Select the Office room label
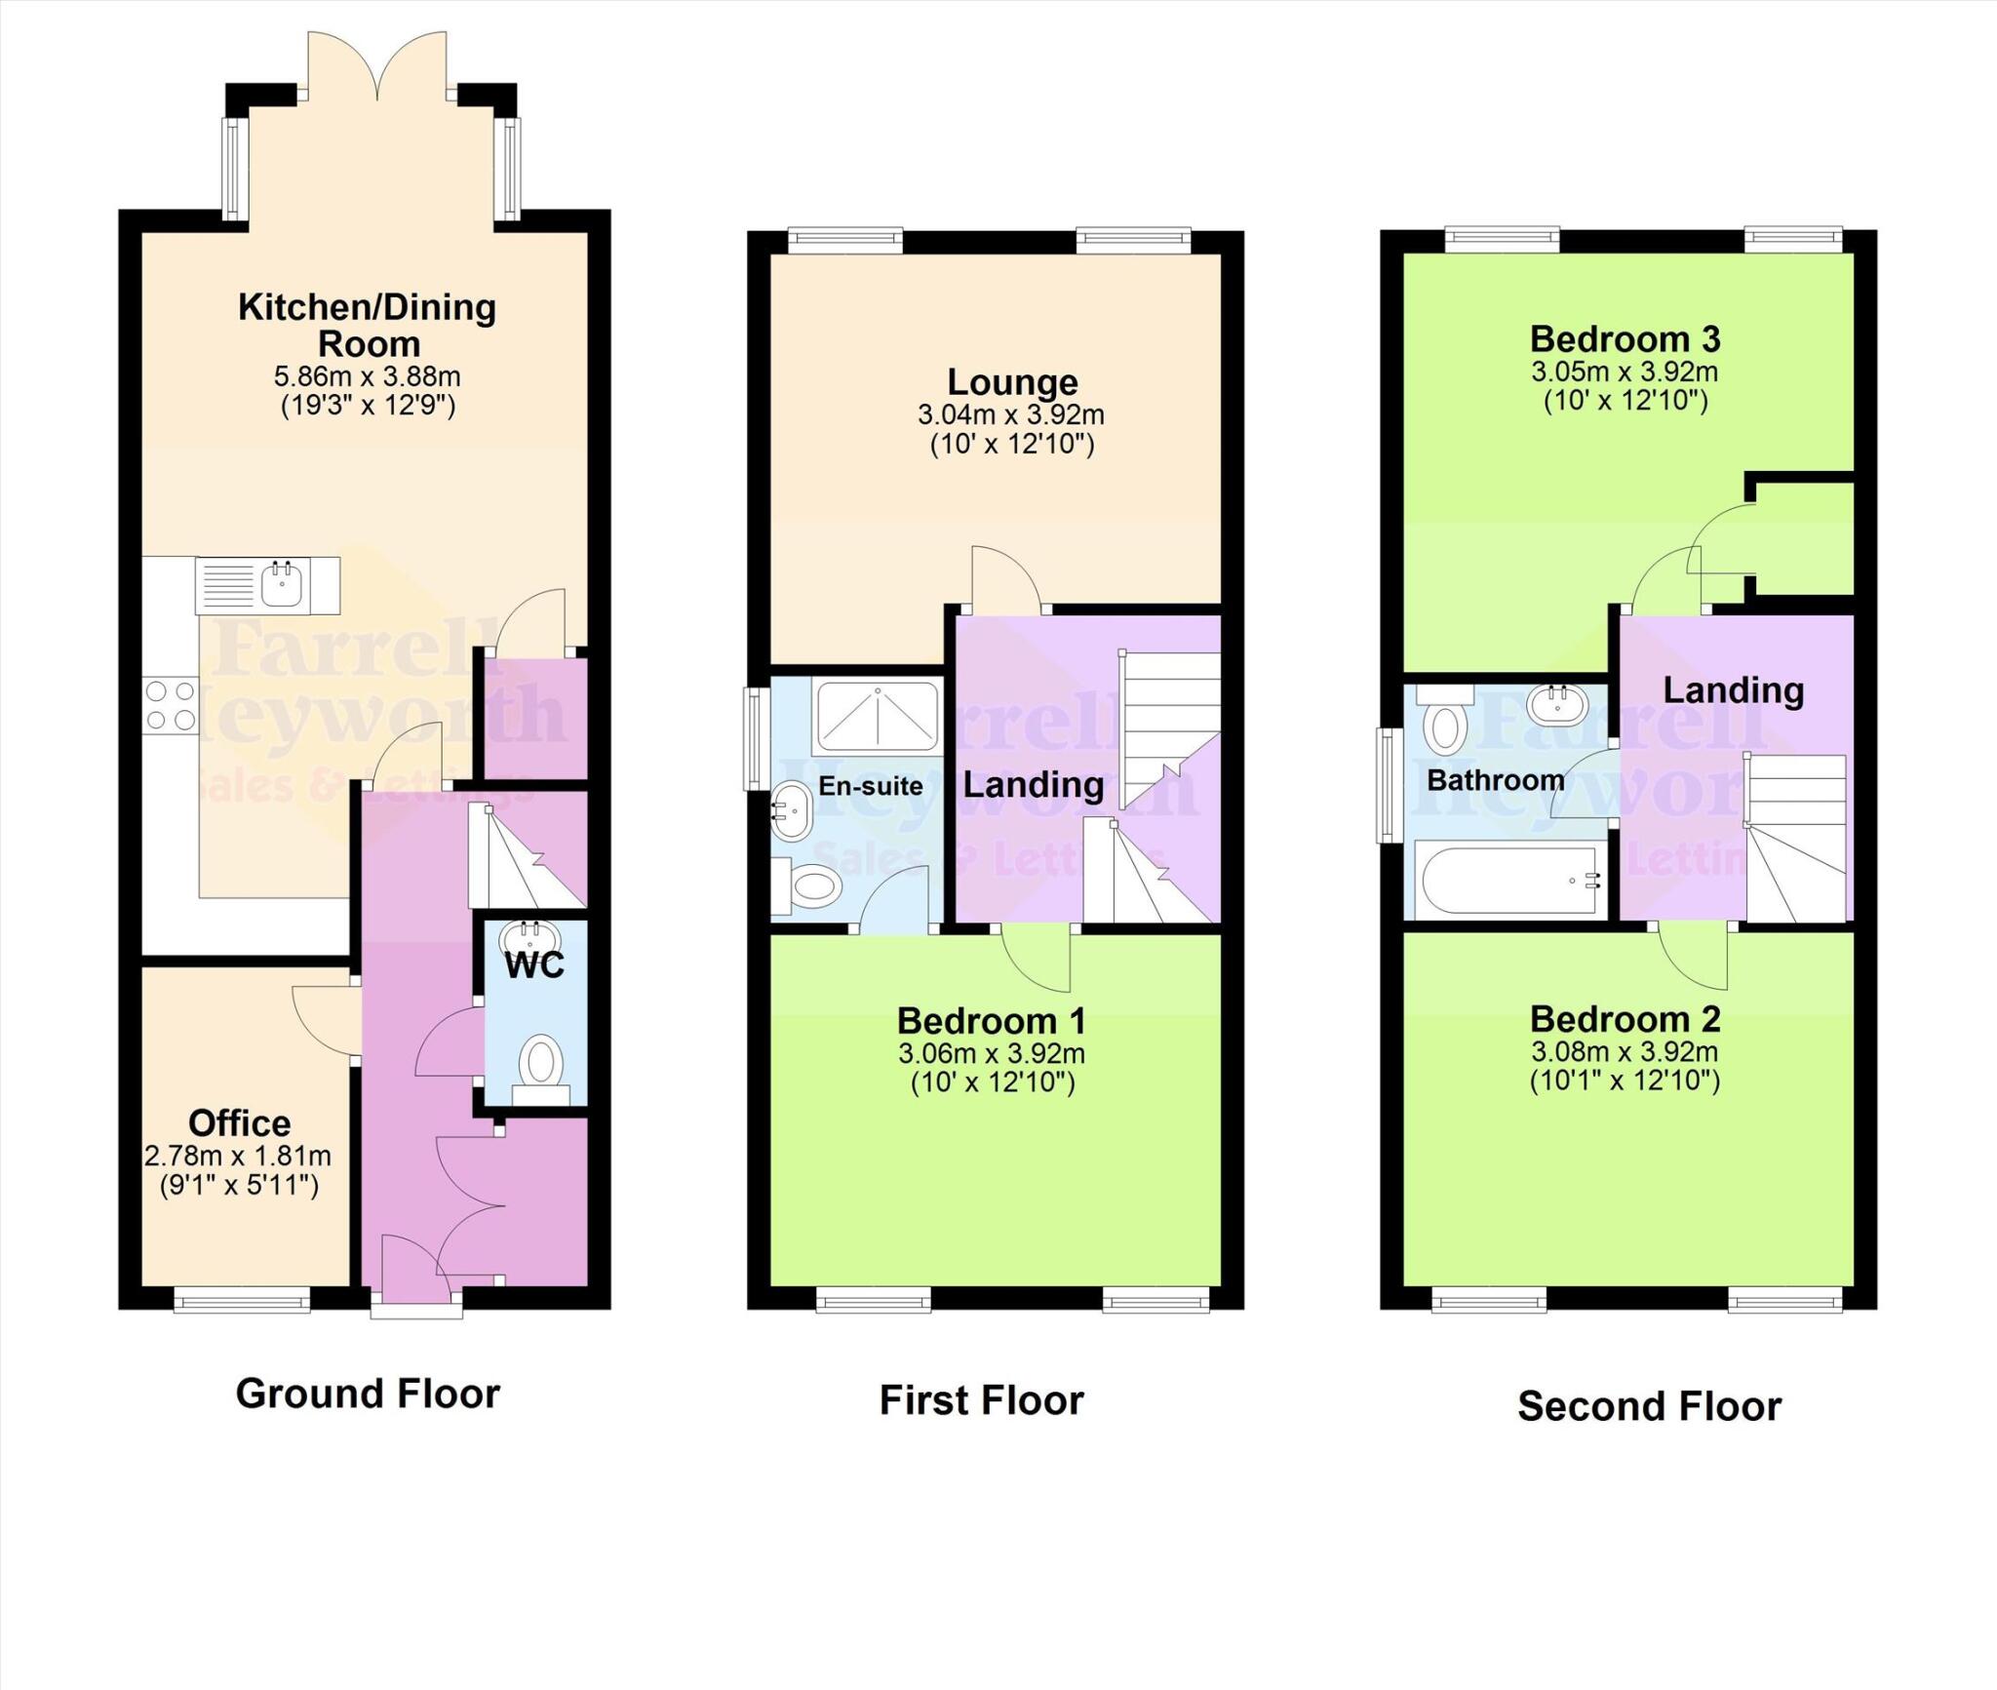tap(239, 1123)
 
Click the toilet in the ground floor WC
tap(540, 1064)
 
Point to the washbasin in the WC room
tap(529, 939)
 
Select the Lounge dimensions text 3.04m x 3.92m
tap(1010, 414)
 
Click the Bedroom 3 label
tap(1625, 339)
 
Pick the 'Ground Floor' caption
tap(368, 1394)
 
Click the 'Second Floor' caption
tap(1649, 1406)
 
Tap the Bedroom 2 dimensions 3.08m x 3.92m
tap(1625, 1052)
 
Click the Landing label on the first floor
tap(1034, 784)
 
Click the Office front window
tap(242, 1299)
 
